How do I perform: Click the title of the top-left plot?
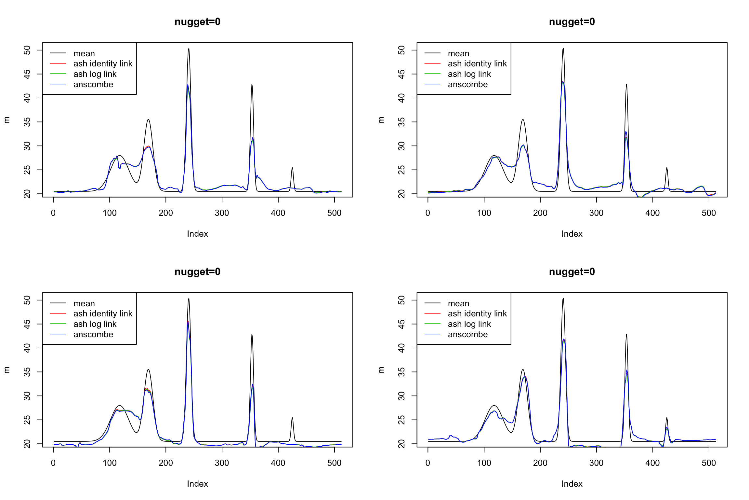197,22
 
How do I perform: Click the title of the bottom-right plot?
572,272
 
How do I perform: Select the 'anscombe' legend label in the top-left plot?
93,85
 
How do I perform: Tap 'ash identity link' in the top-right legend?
477,64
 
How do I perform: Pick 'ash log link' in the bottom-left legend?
95,324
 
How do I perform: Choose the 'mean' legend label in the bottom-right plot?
458,303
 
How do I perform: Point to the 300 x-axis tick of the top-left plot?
222,213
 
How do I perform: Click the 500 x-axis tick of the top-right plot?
709,213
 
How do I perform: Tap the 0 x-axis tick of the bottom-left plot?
53,463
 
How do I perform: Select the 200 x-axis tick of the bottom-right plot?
540,463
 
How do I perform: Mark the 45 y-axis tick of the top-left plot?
27,74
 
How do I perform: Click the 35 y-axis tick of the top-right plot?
402,122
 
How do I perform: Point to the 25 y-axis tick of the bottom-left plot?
27,420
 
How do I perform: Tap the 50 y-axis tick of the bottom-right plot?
402,300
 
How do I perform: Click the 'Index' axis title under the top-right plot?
572,234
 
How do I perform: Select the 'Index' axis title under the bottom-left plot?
197,484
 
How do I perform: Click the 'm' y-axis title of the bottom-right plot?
381,370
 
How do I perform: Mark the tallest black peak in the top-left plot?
189,49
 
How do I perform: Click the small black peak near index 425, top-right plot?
667,168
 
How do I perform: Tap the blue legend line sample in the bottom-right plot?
432,334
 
